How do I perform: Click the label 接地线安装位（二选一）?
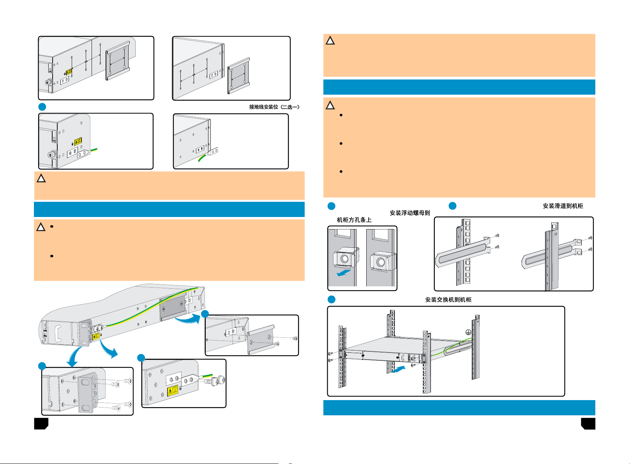tap(274, 107)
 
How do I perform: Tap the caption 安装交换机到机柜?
tap(448, 300)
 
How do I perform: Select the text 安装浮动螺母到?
tap(410, 213)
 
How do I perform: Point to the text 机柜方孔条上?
tap(354, 220)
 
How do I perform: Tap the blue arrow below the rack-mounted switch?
tap(400, 368)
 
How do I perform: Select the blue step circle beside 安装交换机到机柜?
tap(331, 299)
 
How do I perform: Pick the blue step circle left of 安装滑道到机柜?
tap(452, 206)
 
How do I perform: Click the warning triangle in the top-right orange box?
tap(330, 41)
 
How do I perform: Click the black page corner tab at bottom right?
tap(588, 423)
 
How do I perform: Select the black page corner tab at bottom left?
tap(41, 423)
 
